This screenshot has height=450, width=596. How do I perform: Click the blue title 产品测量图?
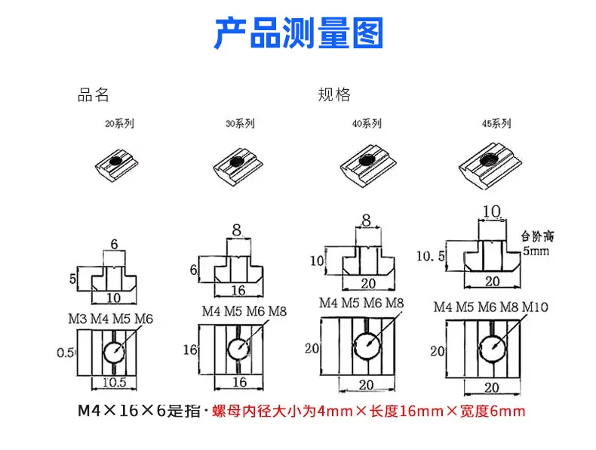point(299,32)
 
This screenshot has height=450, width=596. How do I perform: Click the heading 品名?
point(93,94)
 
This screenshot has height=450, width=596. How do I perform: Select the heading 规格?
point(334,94)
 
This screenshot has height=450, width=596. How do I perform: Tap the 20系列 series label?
point(119,124)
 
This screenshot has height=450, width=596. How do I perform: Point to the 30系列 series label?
point(240,124)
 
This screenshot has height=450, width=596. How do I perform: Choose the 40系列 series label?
point(367,124)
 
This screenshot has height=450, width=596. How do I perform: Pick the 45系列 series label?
point(496,124)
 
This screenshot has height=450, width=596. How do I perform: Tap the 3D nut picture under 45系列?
point(490,165)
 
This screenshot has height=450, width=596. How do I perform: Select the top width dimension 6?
point(114,244)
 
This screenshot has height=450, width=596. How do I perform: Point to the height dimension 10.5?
point(431,256)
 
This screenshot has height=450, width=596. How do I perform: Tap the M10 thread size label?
point(535,307)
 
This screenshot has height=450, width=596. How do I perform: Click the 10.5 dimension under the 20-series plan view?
point(114,382)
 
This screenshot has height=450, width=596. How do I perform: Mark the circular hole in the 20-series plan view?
point(114,353)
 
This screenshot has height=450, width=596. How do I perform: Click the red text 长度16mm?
point(407,411)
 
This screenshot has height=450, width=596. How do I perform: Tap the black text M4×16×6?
point(121,411)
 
